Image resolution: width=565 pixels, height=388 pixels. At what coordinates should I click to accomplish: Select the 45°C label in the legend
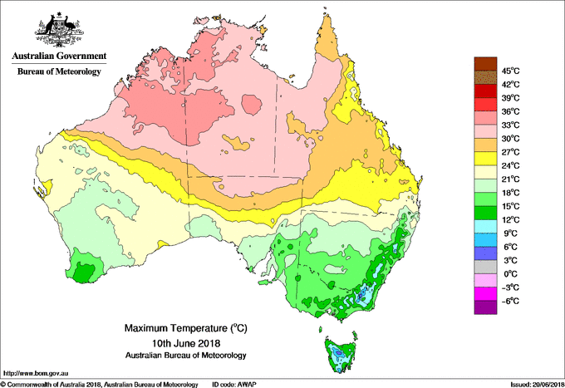tap(510, 71)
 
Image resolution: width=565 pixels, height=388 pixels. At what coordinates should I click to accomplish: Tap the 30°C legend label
tap(510, 138)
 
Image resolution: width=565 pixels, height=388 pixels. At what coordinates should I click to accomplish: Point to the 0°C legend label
tap(508, 273)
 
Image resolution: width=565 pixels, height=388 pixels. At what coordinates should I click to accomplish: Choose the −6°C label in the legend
tap(508, 301)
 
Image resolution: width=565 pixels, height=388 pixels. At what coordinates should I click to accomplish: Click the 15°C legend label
tap(510, 206)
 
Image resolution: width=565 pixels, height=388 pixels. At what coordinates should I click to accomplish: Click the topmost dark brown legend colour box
tap(484, 64)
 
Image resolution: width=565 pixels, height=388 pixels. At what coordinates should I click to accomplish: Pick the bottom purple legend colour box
tap(484, 307)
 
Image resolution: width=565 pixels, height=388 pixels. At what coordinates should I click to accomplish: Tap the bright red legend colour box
tap(484, 105)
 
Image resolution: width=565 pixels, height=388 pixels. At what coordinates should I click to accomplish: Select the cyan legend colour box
tap(484, 226)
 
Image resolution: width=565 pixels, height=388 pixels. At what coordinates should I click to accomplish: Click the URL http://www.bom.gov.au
tap(35, 374)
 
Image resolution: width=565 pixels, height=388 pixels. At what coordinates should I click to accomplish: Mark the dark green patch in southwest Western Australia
tap(83, 272)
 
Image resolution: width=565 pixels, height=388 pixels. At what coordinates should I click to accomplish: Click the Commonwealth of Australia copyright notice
tap(99, 384)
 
